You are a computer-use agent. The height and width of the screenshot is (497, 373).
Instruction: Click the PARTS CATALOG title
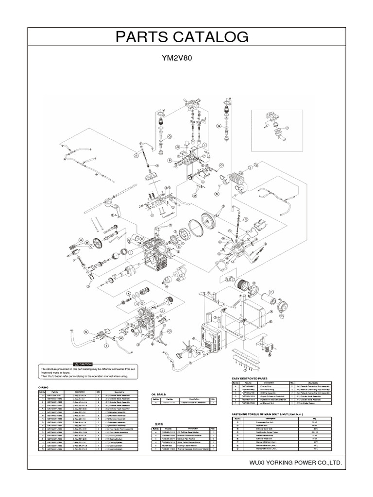(186, 37)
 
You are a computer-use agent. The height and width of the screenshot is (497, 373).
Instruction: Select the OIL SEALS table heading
(160, 394)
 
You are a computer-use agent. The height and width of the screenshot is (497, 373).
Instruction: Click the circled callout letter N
(178, 147)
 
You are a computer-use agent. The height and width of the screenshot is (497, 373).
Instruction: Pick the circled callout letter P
(170, 160)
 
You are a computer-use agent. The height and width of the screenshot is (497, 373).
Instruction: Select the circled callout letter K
(217, 193)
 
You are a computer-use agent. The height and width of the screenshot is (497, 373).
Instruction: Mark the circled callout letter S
(86, 331)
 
